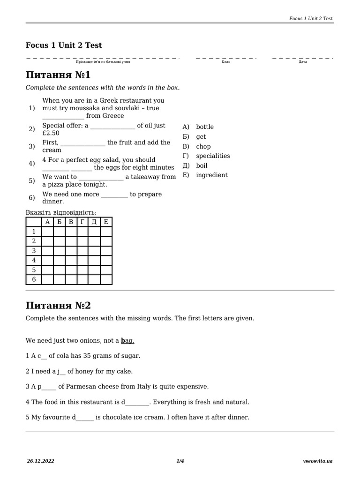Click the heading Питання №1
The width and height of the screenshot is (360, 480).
pos(58,75)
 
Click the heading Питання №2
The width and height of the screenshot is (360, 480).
pos(58,305)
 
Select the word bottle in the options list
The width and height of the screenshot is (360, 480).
pos(205,127)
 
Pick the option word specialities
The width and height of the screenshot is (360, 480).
pos(213,156)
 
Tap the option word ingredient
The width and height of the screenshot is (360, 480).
pos(212,175)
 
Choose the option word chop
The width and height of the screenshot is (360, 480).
pos(203,146)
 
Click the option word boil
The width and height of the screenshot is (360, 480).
pos(202,165)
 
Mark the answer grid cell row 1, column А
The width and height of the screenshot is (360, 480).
pos(47,232)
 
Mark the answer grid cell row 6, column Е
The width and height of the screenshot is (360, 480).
pos(106,279)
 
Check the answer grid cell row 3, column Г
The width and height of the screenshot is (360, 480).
pos(82,251)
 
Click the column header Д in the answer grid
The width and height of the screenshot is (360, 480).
pos(94,222)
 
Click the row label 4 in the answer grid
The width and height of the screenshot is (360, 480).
pos(34,260)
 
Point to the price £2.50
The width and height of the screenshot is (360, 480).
pos(51,133)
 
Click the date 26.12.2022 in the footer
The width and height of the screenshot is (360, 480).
pos(40,461)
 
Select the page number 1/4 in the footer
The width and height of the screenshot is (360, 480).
pos(180,461)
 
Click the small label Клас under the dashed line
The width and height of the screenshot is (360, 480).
pos(226,62)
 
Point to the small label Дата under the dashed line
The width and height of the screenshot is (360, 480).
pos(303,62)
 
